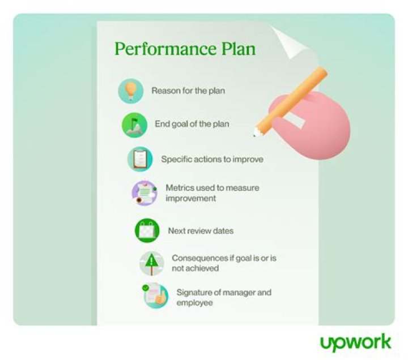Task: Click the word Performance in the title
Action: point(160,49)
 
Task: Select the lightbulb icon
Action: point(130,91)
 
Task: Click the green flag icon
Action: point(134,125)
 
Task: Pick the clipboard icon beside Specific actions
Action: point(139,159)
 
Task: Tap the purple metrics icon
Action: point(144,193)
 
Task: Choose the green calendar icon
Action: point(147,231)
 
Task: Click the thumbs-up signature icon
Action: point(156,296)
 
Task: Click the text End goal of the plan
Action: point(192,124)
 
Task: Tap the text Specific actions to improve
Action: point(212,159)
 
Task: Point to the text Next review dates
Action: point(201,231)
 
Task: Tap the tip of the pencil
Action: point(254,135)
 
